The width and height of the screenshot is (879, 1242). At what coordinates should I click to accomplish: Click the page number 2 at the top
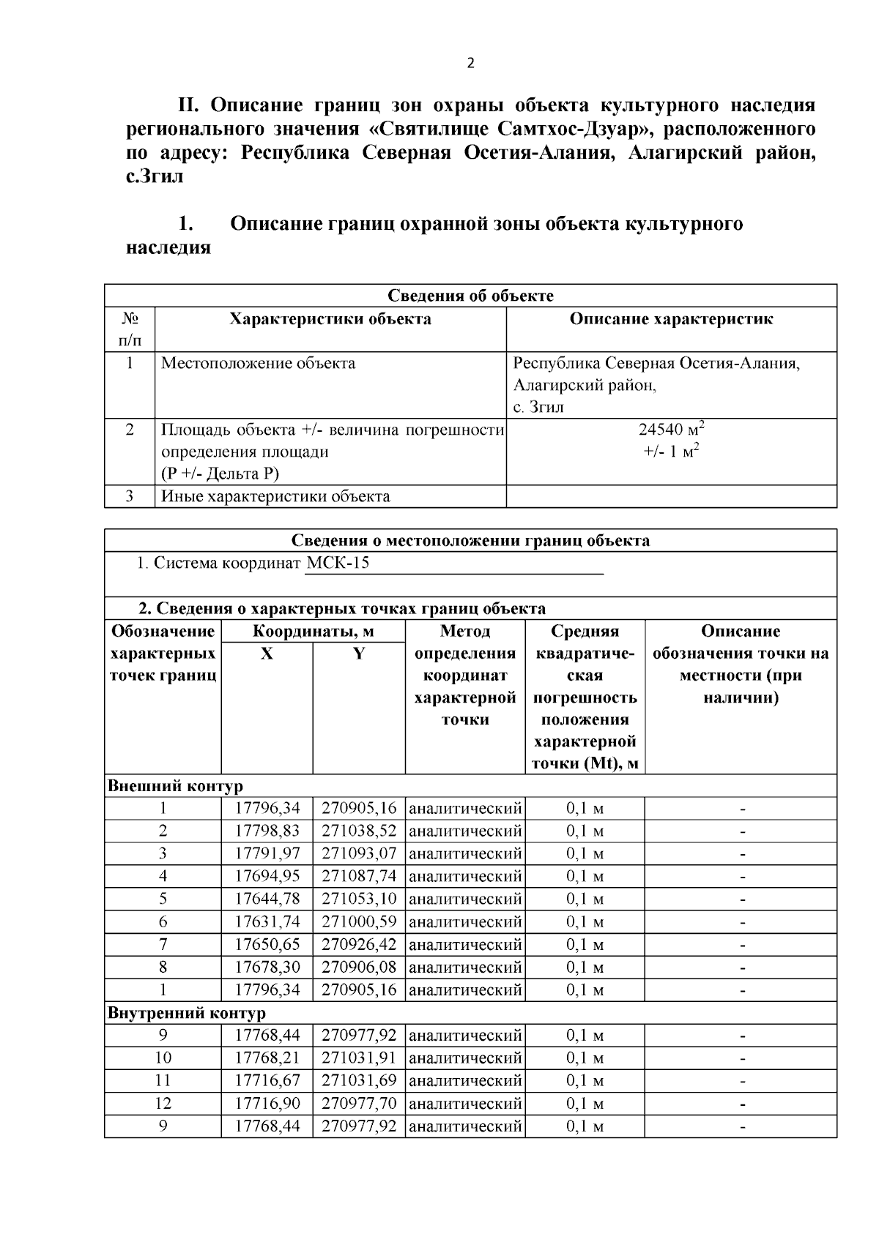click(470, 64)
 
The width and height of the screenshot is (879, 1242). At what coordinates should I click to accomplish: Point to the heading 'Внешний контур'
click(175, 786)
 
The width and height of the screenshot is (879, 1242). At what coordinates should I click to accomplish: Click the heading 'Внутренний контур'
click(187, 1013)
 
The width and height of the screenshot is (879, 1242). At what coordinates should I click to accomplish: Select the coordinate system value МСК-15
click(338, 563)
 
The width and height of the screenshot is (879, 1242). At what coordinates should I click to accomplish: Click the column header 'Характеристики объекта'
click(330, 319)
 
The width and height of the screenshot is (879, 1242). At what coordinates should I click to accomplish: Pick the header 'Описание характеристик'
click(671, 319)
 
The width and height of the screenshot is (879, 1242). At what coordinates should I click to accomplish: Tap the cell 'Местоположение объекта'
click(258, 363)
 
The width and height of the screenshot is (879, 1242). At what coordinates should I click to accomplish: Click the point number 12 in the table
click(163, 1103)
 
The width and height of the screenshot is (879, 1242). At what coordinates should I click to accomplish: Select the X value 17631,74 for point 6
click(267, 921)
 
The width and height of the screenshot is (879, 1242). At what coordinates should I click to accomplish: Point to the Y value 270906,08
click(359, 967)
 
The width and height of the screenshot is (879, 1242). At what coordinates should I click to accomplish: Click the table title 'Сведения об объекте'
click(470, 296)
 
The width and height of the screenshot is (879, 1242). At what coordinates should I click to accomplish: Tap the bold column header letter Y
click(359, 654)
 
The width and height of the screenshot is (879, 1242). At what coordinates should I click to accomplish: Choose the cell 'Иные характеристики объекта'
click(275, 496)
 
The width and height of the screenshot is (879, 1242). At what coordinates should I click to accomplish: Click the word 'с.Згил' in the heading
click(155, 176)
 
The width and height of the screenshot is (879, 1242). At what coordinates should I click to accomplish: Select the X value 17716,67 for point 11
click(267, 1080)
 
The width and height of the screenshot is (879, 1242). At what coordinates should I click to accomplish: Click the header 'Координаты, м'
click(314, 631)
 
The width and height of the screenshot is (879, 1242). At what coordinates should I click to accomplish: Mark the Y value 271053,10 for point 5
click(359, 899)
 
